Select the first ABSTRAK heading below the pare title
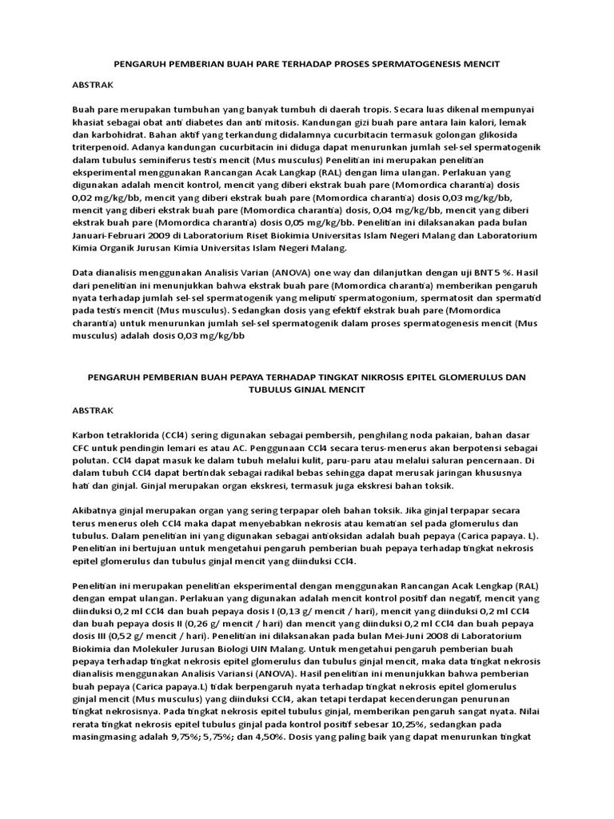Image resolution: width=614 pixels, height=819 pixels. point(93,84)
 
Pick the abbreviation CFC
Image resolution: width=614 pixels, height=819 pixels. point(83,445)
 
